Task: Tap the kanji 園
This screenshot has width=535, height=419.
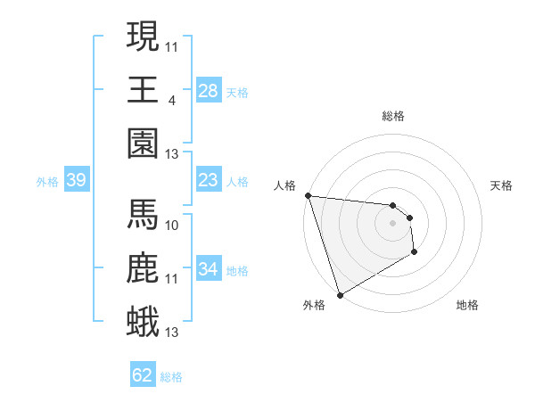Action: [x=144, y=142]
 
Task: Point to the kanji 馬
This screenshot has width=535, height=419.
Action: [x=144, y=213]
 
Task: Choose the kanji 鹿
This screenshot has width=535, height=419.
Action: [x=144, y=267]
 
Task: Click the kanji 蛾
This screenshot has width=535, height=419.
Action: [x=144, y=320]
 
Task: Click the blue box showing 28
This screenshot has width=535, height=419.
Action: [x=208, y=90]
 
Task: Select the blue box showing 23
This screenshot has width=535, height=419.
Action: [x=208, y=180]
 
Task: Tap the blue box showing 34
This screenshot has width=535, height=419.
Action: [x=208, y=269]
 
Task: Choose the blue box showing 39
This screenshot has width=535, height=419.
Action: [x=76, y=180]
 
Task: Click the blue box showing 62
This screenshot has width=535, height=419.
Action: [x=142, y=375]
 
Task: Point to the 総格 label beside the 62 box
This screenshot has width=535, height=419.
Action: [x=171, y=377]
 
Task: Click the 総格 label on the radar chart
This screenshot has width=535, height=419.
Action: [x=393, y=116]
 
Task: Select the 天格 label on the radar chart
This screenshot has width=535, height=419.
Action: [x=501, y=185]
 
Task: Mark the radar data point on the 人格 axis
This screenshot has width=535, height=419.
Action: [x=308, y=195]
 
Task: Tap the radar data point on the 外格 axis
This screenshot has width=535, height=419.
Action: [x=340, y=295]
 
